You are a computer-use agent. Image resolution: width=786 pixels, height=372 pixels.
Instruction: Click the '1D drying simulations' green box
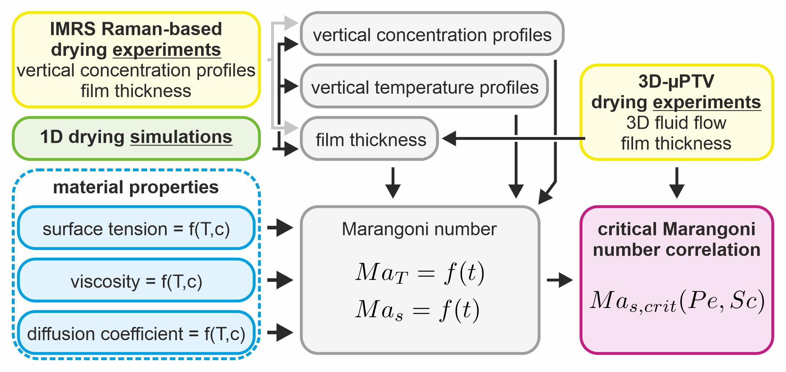[x=136, y=138]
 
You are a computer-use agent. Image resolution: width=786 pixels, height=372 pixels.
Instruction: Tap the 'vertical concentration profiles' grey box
[x=432, y=34]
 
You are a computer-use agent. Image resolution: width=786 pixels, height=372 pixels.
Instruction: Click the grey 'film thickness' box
[x=370, y=139]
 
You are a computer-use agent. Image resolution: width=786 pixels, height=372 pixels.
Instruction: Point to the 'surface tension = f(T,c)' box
[x=136, y=229]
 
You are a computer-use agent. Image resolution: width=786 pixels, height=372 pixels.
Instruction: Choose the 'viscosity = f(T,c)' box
[x=136, y=281]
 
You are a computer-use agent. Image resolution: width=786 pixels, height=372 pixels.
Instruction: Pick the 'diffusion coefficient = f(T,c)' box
[x=136, y=333]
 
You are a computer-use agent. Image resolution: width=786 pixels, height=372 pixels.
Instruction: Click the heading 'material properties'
[x=136, y=187]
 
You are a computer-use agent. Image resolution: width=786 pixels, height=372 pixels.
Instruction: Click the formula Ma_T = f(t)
[x=420, y=273]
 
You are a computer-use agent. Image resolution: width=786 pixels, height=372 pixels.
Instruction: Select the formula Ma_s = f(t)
[x=417, y=310]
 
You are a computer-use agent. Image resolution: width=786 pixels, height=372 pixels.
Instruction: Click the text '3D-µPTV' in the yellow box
[x=676, y=82]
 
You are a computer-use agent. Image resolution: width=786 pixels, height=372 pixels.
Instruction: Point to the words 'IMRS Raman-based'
[x=136, y=29]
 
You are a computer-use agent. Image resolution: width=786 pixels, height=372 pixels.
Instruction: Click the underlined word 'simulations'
[x=181, y=137]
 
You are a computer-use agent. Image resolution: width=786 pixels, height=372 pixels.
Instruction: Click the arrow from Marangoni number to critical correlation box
[x=559, y=280]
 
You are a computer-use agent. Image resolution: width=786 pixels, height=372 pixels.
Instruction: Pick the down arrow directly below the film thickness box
[x=393, y=182]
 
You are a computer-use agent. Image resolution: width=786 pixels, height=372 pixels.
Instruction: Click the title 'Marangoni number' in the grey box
[x=419, y=229]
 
